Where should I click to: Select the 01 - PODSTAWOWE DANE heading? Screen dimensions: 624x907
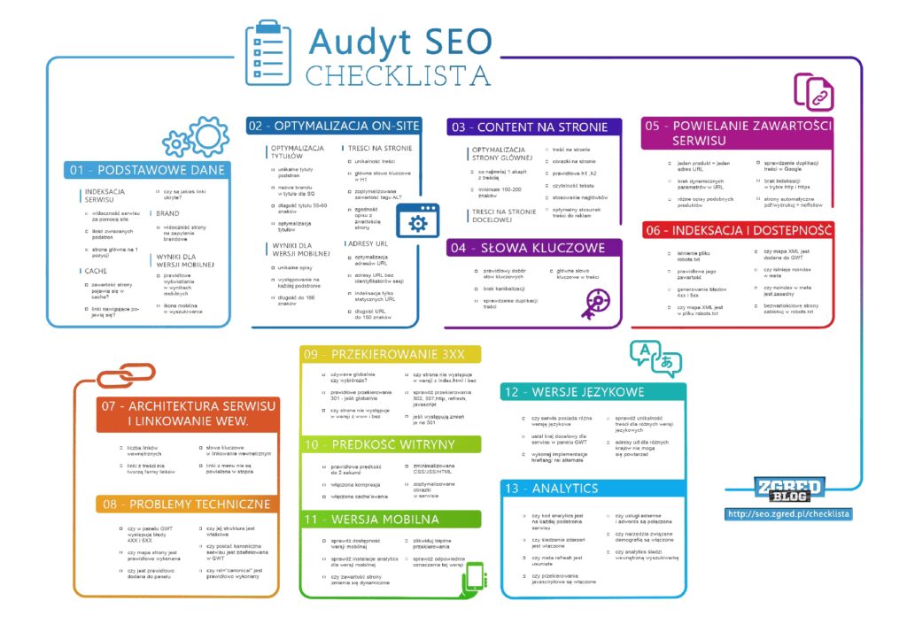[147, 170]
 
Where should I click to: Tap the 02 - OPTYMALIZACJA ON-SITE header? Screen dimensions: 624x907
[334, 126]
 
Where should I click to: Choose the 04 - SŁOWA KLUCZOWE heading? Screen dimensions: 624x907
[529, 248]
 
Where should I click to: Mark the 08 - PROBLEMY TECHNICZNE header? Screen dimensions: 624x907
[186, 504]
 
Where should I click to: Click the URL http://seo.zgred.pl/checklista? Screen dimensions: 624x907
[788, 513]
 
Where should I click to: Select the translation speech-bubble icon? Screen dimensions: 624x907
[656, 356]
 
